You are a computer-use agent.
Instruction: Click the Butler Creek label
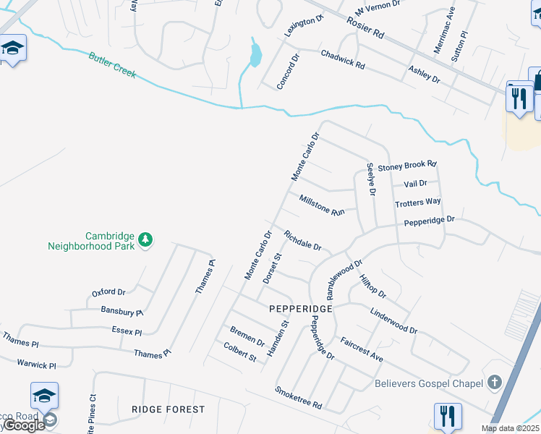(112, 65)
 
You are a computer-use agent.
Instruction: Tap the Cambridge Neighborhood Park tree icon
(145, 239)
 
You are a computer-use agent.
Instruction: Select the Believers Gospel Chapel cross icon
(495, 381)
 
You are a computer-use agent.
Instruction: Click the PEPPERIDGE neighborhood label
(300, 309)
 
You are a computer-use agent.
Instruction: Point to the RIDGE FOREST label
(169, 409)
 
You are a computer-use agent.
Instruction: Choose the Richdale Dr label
(302, 241)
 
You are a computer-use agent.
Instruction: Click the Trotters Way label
(418, 203)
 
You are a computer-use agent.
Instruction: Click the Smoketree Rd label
(298, 397)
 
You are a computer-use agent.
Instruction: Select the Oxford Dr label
(108, 293)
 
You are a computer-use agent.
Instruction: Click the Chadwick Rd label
(343, 59)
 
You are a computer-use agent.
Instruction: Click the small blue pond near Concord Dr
(254, 54)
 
